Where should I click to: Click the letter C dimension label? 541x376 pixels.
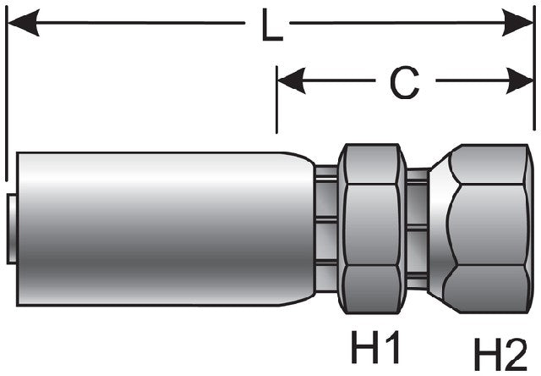click(404, 82)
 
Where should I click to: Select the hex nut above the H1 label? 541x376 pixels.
click(372, 229)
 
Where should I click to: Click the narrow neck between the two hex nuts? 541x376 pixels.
click(417, 229)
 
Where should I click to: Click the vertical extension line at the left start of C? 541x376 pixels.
click(277, 102)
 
